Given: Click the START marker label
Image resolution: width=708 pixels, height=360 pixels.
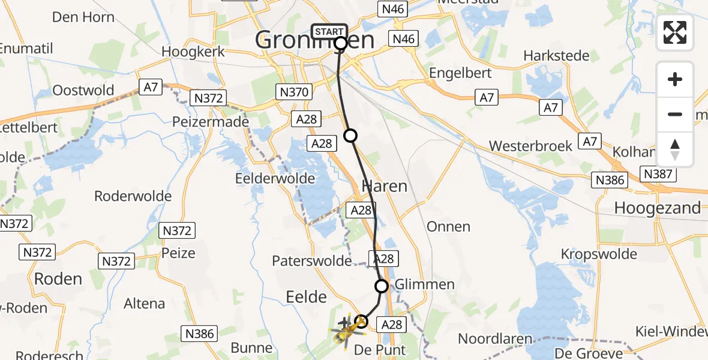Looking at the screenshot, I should point(329,31).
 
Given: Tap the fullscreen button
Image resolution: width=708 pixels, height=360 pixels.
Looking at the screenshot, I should point(675,32).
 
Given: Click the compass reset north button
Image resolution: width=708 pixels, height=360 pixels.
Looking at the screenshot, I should point(675,149).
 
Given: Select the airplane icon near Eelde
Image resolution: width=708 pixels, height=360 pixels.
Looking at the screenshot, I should point(345,323).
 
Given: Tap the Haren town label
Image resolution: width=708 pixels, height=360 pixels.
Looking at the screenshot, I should point(384,186).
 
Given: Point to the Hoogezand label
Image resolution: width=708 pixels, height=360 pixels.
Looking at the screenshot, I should point(658,208).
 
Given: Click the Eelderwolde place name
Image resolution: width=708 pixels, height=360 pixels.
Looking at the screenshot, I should point(275,179).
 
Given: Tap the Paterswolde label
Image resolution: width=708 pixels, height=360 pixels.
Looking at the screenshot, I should point(311,261).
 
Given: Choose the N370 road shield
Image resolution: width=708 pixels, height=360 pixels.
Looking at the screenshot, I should point(293,92).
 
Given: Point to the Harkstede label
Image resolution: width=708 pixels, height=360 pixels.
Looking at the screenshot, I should point(556,56).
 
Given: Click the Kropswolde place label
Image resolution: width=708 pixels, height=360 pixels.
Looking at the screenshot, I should point(599,254).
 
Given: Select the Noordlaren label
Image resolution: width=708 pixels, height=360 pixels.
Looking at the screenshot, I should point(496,338).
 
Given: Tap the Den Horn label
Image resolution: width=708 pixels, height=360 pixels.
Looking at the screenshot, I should point(83,17).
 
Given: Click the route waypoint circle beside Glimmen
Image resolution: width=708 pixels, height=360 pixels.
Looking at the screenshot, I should point(382,286).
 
